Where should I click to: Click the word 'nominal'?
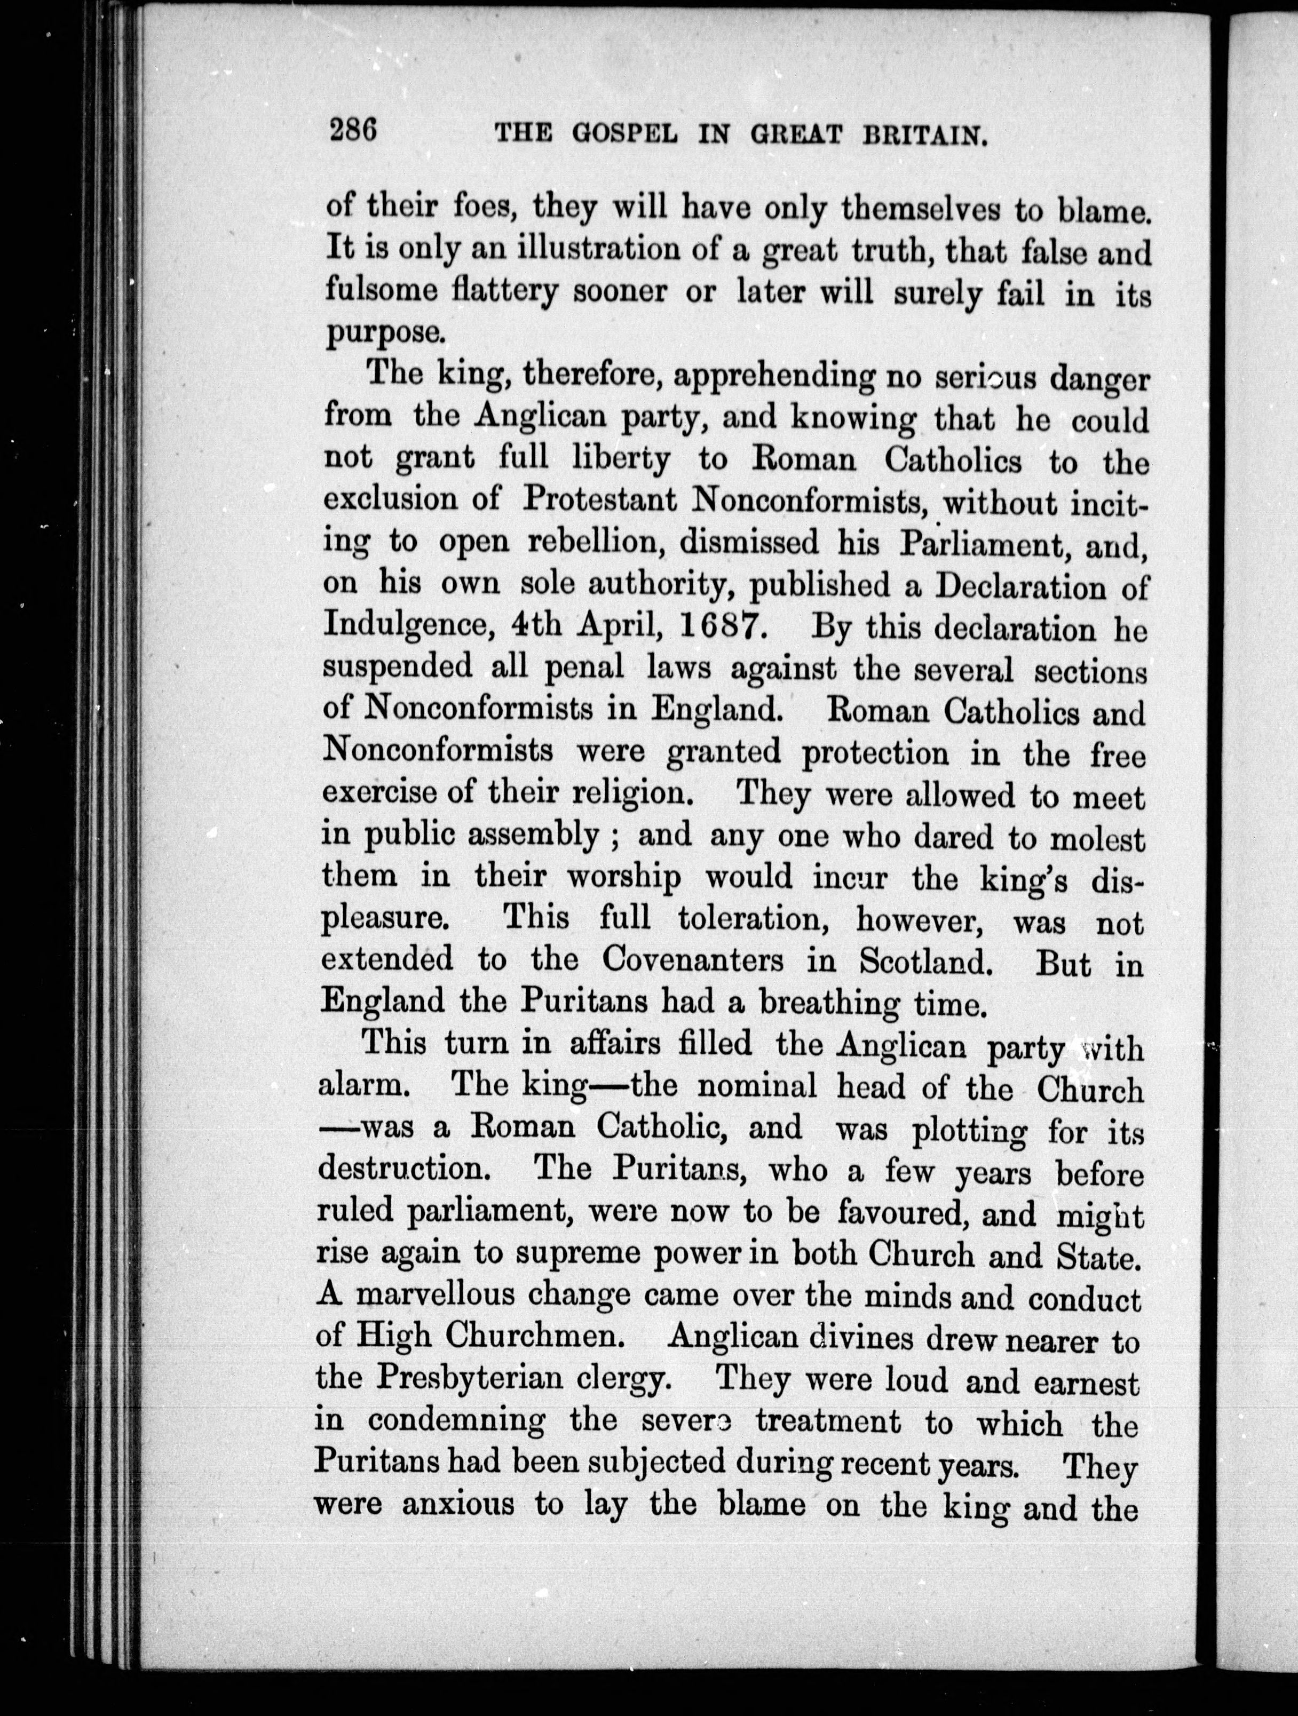(x=756, y=1087)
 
